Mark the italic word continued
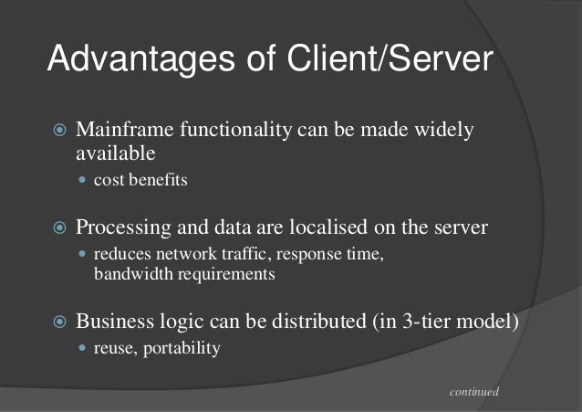[x=474, y=392]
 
